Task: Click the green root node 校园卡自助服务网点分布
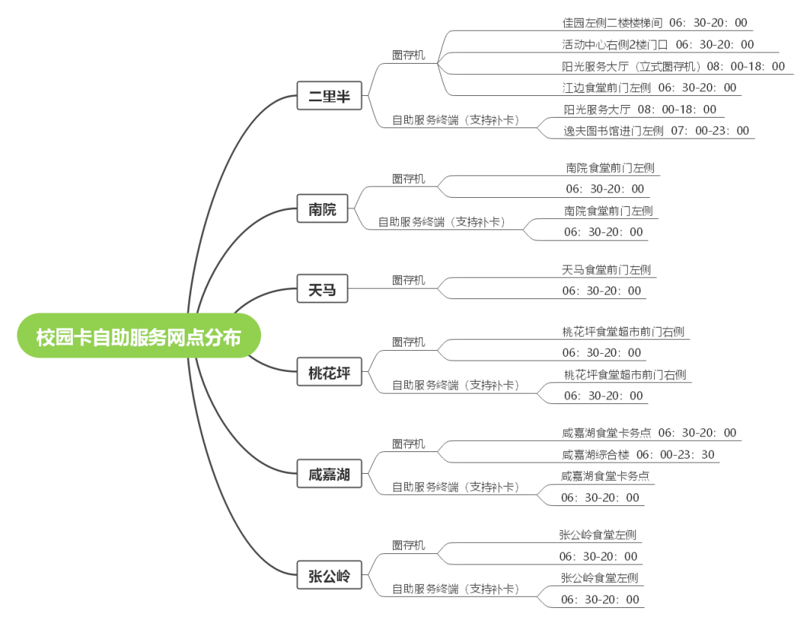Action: pyautogui.click(x=139, y=336)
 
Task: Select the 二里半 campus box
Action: pyautogui.click(x=329, y=95)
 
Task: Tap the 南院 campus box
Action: pyautogui.click(x=322, y=208)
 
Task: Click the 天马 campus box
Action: pyautogui.click(x=322, y=289)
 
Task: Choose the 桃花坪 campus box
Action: pyautogui.click(x=329, y=372)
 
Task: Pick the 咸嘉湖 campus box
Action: pyautogui.click(x=329, y=473)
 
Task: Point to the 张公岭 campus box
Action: pyautogui.click(x=329, y=575)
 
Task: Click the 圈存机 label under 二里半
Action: pyautogui.click(x=409, y=55)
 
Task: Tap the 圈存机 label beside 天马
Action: pyautogui.click(x=409, y=280)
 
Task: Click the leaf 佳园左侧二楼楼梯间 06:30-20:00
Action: pyautogui.click(x=655, y=22)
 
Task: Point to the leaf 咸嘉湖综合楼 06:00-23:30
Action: pyautogui.click(x=638, y=454)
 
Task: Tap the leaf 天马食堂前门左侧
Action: pyautogui.click(x=607, y=269)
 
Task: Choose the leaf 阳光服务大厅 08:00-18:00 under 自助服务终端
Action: pyautogui.click(x=640, y=109)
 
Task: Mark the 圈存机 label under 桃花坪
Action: pyautogui.click(x=409, y=342)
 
